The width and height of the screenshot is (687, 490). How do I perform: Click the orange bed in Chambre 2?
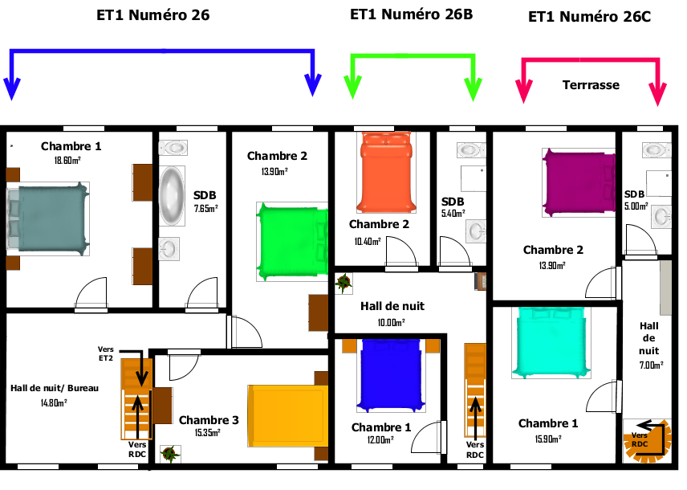(388, 173)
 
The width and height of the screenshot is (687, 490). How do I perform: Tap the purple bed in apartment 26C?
(579, 182)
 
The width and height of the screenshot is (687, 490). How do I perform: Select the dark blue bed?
(392, 375)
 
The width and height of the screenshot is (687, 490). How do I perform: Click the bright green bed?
(292, 242)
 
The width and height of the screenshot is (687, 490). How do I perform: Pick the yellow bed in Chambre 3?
(288, 416)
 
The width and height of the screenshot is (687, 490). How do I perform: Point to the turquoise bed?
(551, 342)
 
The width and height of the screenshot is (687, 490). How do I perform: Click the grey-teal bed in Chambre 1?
(48, 219)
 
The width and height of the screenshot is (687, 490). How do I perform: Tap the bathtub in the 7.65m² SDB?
(172, 196)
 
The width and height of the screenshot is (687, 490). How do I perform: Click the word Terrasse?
(591, 84)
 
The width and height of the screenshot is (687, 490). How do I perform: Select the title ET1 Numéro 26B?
(412, 14)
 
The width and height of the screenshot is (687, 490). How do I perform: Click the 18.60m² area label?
(67, 161)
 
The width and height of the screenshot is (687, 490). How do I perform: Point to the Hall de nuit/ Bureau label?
(55, 388)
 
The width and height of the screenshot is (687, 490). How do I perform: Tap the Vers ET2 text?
(106, 353)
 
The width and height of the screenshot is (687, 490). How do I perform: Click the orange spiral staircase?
(647, 441)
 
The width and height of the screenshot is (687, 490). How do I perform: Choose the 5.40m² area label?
(453, 214)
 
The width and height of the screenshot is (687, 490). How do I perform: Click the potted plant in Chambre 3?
(170, 454)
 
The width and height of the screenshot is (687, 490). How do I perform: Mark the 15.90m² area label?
(548, 439)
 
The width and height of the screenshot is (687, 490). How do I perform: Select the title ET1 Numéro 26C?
(589, 17)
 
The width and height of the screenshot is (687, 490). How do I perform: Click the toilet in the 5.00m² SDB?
(657, 150)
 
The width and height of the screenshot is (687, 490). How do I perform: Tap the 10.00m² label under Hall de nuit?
(392, 323)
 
